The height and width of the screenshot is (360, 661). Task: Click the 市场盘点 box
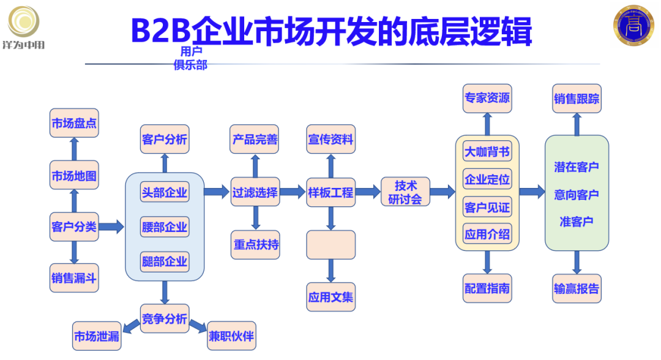pos(74,123)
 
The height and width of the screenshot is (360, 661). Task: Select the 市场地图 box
pos(74,176)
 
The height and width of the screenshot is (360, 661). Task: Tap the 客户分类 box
pos(74,227)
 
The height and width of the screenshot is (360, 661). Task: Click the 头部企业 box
pos(165,192)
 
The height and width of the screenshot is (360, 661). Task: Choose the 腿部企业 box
pos(165,261)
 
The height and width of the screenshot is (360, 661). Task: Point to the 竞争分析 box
pos(165,318)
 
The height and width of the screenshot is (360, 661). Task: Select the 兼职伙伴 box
pos(231,336)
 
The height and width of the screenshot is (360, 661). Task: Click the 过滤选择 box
pos(255,192)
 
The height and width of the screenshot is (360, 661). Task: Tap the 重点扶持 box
pos(256,244)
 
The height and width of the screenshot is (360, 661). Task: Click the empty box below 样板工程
pos(330,244)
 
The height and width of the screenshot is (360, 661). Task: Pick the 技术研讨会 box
pos(405,192)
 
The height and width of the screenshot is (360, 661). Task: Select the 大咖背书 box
pos(487,152)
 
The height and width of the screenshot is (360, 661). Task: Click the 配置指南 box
pos(487,288)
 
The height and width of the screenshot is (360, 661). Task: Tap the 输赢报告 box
pos(577,288)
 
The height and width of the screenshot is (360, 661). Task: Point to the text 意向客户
pos(577,195)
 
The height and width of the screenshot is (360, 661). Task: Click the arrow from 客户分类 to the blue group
pos(111,227)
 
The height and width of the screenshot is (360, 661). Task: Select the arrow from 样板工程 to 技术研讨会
pos(368,192)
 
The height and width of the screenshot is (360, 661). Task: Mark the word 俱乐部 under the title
pos(190,65)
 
